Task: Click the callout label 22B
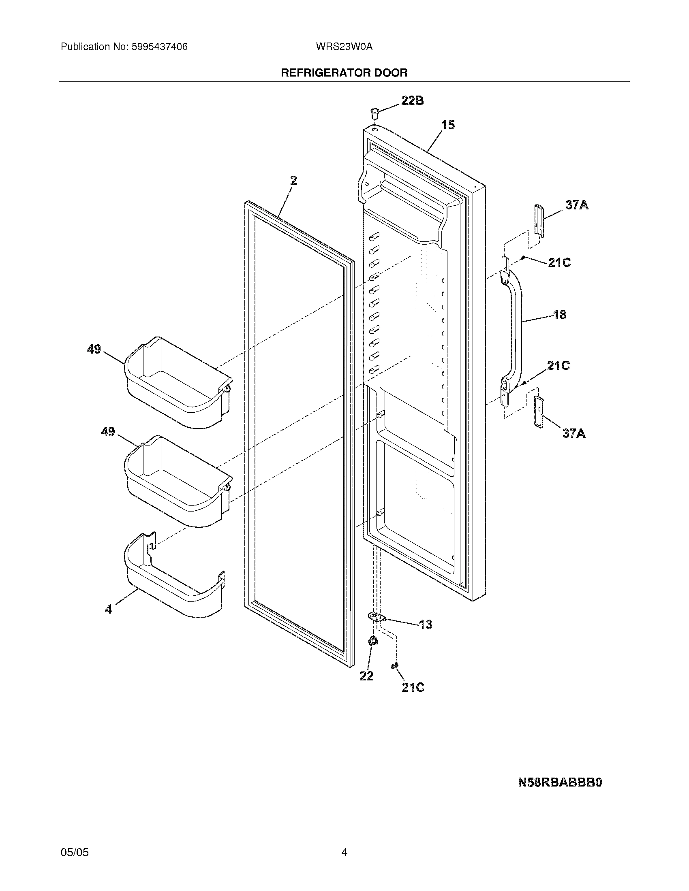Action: click(412, 100)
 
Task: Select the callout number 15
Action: click(448, 125)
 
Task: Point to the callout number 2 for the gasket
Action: click(293, 180)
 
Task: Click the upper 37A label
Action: click(577, 205)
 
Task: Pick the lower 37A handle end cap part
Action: click(538, 411)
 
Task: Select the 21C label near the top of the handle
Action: click(559, 263)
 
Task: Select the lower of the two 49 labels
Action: click(108, 432)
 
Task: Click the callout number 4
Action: click(108, 620)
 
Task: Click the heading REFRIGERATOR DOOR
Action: click(344, 73)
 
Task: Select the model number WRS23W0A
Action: click(344, 47)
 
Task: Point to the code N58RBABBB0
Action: click(560, 783)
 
